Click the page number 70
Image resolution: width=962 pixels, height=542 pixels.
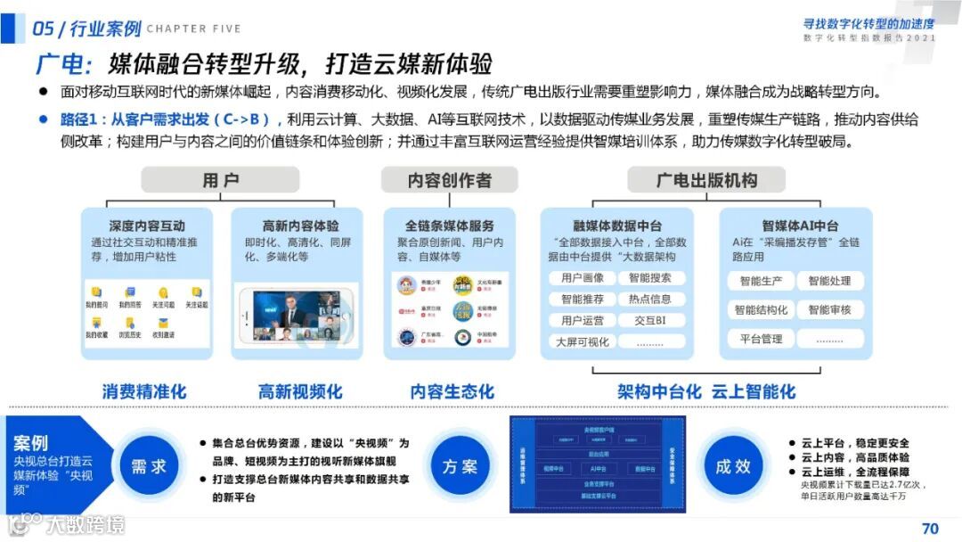coord(930,529)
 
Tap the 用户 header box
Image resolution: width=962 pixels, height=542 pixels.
coord(220,181)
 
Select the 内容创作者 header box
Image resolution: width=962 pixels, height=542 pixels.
coord(449,181)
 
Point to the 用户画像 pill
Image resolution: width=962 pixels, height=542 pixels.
coord(583,278)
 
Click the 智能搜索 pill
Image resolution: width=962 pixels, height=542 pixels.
coord(650,278)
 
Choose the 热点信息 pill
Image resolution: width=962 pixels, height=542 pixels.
coord(650,300)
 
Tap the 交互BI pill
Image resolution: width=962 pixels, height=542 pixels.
coord(650,321)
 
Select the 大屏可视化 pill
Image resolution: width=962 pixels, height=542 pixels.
coord(583,342)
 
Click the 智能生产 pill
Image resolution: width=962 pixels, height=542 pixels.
coord(760,282)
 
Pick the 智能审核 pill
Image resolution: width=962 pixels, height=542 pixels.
coord(829,310)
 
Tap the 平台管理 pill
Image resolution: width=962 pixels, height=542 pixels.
coord(760,339)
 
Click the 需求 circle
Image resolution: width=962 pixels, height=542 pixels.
coord(149,466)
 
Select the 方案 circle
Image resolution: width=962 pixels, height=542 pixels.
coord(460,466)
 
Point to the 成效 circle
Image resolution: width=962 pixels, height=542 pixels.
coord(733,466)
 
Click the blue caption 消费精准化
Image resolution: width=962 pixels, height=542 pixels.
coord(144,391)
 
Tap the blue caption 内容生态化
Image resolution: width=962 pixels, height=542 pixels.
coord(452,391)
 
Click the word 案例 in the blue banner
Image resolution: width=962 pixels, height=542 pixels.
coord(31,443)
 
